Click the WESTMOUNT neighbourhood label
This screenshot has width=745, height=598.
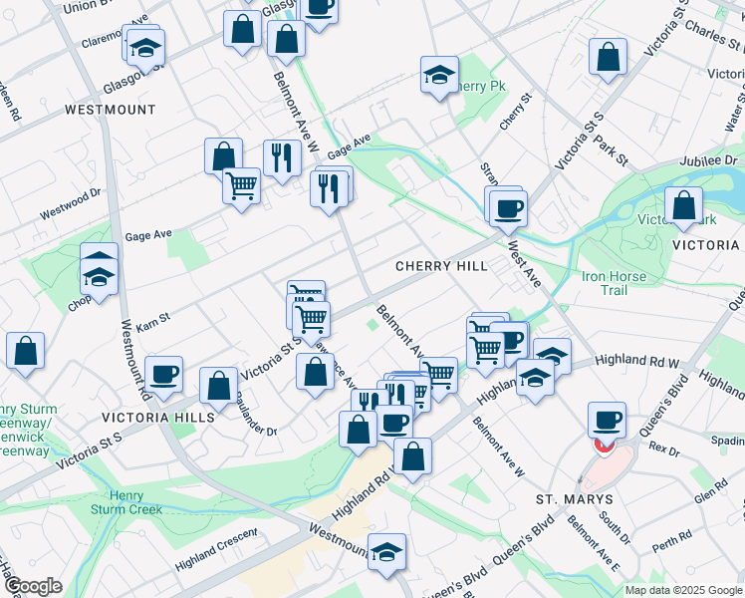(x=111, y=109)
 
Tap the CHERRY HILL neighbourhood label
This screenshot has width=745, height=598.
(x=441, y=266)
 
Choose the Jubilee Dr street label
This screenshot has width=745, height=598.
(x=708, y=159)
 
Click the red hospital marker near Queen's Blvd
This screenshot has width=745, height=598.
(x=604, y=444)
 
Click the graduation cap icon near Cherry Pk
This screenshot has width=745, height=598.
(x=439, y=74)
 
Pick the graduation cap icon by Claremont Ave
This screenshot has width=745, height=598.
(x=146, y=47)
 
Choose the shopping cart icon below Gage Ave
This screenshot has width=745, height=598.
(x=242, y=183)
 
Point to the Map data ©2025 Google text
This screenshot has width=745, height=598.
(x=682, y=590)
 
